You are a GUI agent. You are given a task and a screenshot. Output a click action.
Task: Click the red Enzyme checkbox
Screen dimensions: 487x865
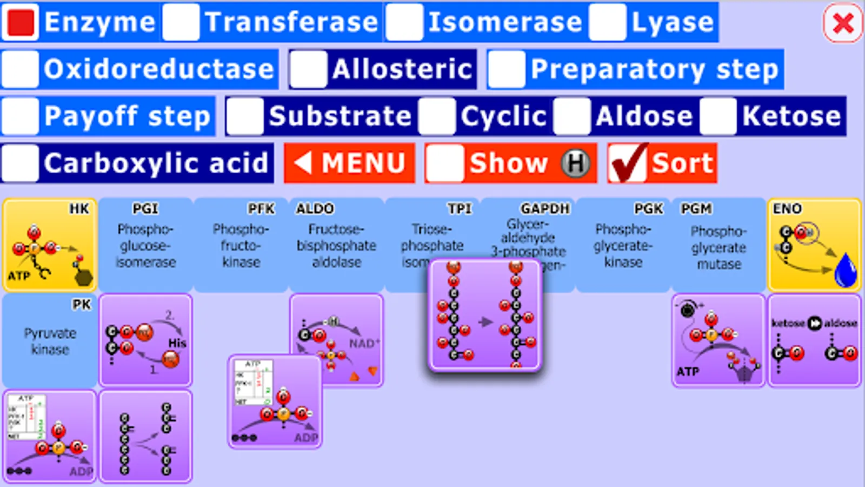pos(20,22)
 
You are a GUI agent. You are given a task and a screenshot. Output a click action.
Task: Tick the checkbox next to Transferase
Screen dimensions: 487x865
pos(181,22)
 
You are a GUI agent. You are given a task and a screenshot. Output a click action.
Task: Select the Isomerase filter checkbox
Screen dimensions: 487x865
pos(404,22)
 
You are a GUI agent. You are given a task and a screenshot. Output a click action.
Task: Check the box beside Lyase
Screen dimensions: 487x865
pos(608,22)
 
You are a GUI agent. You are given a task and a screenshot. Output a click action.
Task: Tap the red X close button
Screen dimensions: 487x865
pos(843,23)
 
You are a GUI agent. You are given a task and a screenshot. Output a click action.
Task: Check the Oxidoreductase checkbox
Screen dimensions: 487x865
pos(20,69)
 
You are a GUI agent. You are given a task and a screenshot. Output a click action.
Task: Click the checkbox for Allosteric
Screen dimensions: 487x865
pos(308,69)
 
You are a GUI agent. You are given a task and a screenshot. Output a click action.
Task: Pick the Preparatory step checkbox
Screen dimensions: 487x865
pos(507,69)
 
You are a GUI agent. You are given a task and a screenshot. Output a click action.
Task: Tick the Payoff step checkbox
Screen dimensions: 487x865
pos(20,116)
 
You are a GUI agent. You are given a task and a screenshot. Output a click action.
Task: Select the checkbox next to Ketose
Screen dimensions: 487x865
pos(718,116)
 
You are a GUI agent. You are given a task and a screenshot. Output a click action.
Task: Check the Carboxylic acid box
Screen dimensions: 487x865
pos(20,163)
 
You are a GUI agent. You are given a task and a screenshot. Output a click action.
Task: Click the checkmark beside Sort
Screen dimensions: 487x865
pos(627,162)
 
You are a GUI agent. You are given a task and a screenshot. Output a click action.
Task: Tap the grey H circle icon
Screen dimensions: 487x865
pos(575,163)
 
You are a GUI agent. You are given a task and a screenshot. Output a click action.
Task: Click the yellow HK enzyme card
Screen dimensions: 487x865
pos(50,245)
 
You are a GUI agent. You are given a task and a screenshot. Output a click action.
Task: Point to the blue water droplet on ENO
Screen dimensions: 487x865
pos(845,270)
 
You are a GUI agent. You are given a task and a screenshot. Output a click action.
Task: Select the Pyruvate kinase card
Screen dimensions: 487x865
pos(50,341)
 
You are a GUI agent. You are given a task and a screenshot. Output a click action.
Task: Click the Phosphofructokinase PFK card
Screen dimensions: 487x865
pos(241,245)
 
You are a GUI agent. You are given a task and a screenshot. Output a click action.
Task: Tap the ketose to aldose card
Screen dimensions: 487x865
pos(814,341)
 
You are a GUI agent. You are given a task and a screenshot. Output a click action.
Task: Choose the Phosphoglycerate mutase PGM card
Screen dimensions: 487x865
pos(718,245)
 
